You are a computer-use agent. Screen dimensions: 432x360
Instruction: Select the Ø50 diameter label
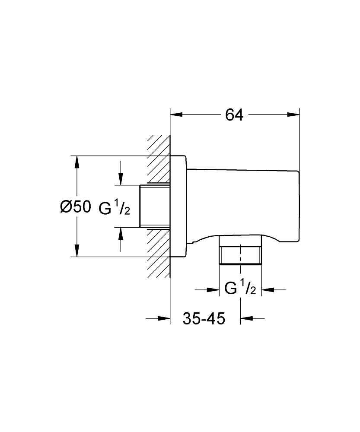tap(76, 207)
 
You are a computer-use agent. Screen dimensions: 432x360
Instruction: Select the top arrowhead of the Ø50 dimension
tap(77, 162)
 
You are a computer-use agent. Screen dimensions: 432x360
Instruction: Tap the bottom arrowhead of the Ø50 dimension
tap(77, 251)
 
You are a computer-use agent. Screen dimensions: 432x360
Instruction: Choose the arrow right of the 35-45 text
tap(246, 319)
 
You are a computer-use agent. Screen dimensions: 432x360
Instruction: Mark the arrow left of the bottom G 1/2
tap(213, 289)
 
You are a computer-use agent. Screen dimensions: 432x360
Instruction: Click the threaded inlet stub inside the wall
tap(154, 206)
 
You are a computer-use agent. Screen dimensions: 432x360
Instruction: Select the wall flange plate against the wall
tap(178, 206)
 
